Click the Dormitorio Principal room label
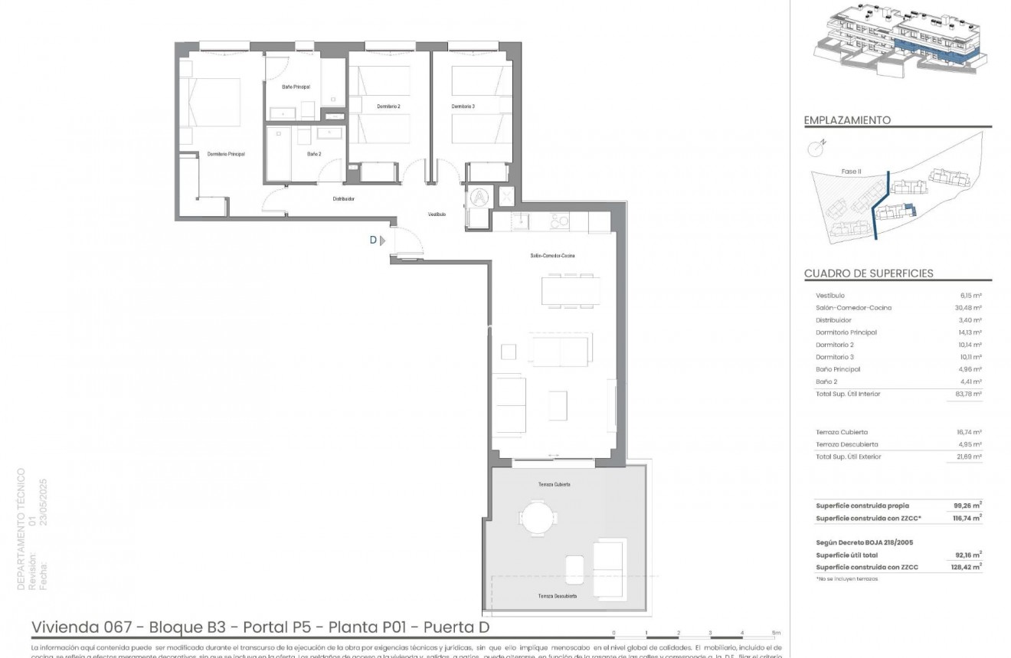click(226, 154)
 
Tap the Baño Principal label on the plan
click(296, 87)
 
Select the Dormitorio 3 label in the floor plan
click(463, 106)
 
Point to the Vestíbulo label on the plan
click(437, 214)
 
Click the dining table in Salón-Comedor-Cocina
click(567, 290)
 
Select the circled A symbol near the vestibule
click(479, 196)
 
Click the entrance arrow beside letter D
click(383, 240)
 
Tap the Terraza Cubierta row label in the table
click(842, 432)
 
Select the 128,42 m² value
click(967, 567)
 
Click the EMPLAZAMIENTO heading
click(847, 120)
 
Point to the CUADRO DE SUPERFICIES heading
click(869, 273)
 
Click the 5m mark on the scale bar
click(775, 633)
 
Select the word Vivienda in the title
click(63, 627)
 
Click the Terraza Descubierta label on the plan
click(557, 596)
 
